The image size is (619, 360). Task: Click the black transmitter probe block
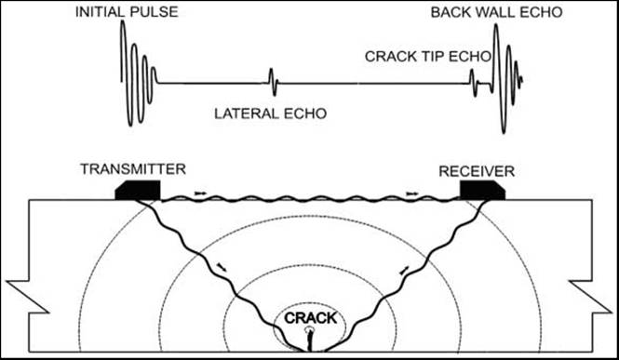point(138,190)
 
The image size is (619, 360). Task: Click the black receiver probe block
point(481,190)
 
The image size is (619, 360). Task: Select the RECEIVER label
point(478,169)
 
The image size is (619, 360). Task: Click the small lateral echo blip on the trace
point(272,83)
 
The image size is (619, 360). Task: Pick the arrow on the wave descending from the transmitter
point(220,267)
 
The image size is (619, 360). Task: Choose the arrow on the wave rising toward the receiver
point(404,269)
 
